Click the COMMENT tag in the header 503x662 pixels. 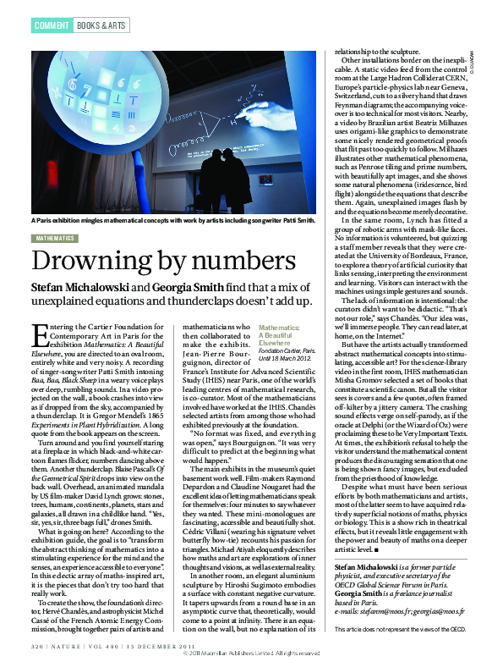click(x=52, y=25)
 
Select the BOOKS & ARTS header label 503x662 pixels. click(x=103, y=25)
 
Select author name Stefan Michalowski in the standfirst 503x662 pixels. click(x=79, y=288)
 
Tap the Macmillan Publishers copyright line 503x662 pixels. click(x=251, y=654)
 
